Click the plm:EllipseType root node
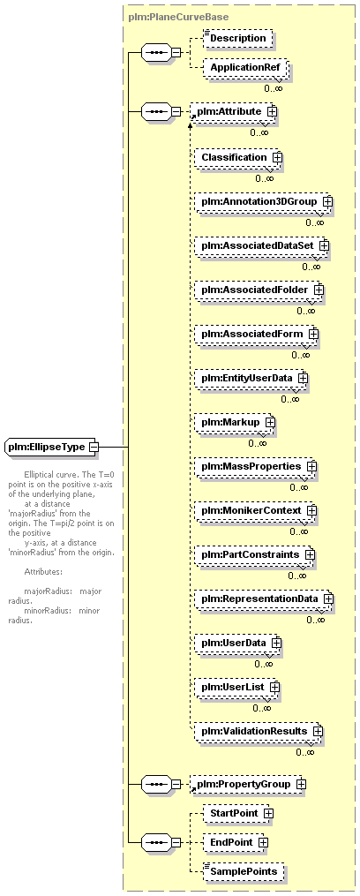pyautogui.click(x=51, y=447)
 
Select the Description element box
pyautogui.click(x=237, y=38)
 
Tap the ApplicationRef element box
pyautogui.click(x=245, y=68)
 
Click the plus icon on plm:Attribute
pyautogui.click(x=272, y=112)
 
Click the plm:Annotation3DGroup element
pyautogui.click(x=264, y=202)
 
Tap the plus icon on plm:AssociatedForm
pyautogui.click(x=313, y=334)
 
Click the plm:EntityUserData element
pyautogui.click(x=251, y=379)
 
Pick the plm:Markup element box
pyautogui.click(x=235, y=422)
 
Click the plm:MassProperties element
pyautogui.click(x=255, y=467)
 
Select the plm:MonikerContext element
pyautogui.click(x=255, y=510)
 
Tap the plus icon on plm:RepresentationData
pyautogui.click(x=328, y=599)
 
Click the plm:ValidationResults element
pyautogui.click(x=259, y=732)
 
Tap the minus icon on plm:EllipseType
pyautogui.click(x=93, y=447)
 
